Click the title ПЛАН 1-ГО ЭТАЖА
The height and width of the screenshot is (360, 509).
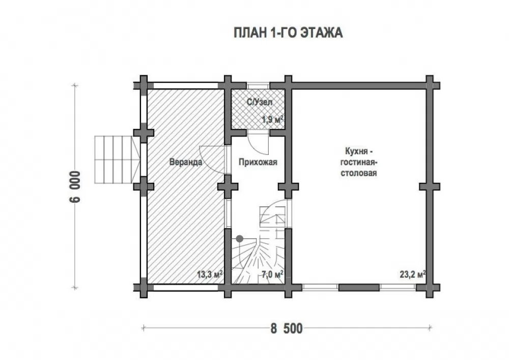point(288,33)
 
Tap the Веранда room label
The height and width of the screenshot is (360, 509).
point(186,162)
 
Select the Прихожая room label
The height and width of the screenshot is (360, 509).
point(258,162)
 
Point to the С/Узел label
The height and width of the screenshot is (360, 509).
point(260,102)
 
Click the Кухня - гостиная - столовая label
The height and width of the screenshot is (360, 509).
point(359,162)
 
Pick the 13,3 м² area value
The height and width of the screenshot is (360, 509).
point(210,274)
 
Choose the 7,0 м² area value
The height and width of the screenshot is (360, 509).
point(272,274)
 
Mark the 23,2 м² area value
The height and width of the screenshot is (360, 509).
point(413,274)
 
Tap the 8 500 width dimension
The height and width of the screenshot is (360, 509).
point(287,328)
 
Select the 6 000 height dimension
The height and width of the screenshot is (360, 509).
point(74,187)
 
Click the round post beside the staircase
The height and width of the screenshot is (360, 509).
point(240,239)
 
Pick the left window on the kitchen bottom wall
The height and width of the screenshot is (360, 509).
point(320,287)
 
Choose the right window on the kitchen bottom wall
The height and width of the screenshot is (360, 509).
point(398,287)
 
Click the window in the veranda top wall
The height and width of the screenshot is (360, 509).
point(186,86)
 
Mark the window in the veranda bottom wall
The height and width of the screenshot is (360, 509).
point(186,287)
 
